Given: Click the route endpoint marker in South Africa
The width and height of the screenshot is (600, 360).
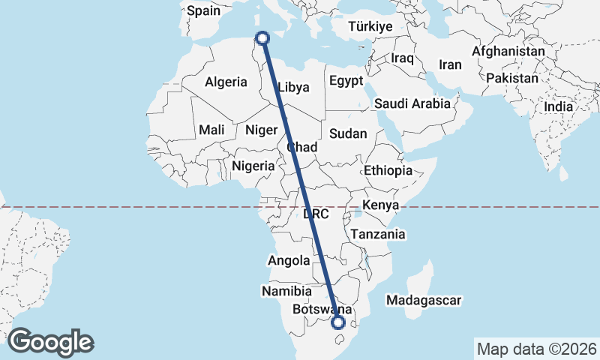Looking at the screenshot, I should [338, 322].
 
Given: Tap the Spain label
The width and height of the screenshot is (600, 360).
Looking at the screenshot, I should [203, 10].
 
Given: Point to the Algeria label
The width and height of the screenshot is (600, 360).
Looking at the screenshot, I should [226, 81].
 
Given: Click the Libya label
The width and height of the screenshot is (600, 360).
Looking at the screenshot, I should [293, 87].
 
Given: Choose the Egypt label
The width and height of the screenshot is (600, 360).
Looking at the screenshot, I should [346, 80].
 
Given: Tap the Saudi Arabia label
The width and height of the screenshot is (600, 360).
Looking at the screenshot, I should [412, 103].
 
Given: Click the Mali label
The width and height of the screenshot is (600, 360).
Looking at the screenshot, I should [211, 130].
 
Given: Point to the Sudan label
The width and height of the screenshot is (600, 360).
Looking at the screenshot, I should [348, 133].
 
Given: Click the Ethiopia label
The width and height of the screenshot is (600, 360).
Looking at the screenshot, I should [388, 170].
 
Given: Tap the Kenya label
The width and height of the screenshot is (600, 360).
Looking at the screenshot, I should [379, 205].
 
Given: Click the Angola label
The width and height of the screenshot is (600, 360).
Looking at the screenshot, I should [289, 261].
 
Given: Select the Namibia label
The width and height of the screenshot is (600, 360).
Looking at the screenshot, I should [286, 290].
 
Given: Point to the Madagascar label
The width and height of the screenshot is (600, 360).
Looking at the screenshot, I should [424, 300].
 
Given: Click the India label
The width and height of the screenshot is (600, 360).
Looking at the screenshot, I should [558, 106].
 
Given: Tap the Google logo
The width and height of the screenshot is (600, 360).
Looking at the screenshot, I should [50, 342].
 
